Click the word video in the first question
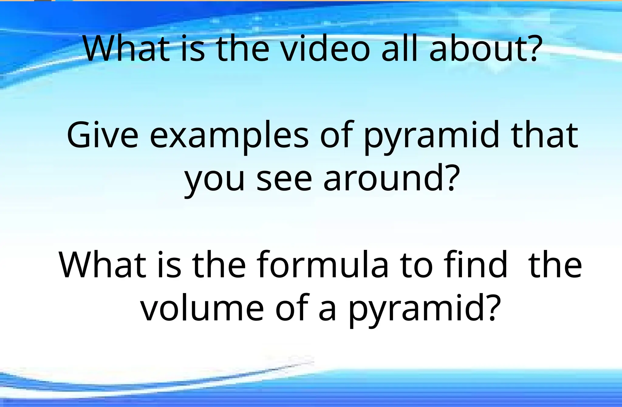[x=325, y=49]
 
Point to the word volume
[x=202, y=309]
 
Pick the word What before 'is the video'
[x=126, y=49]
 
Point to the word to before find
[x=416, y=264]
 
